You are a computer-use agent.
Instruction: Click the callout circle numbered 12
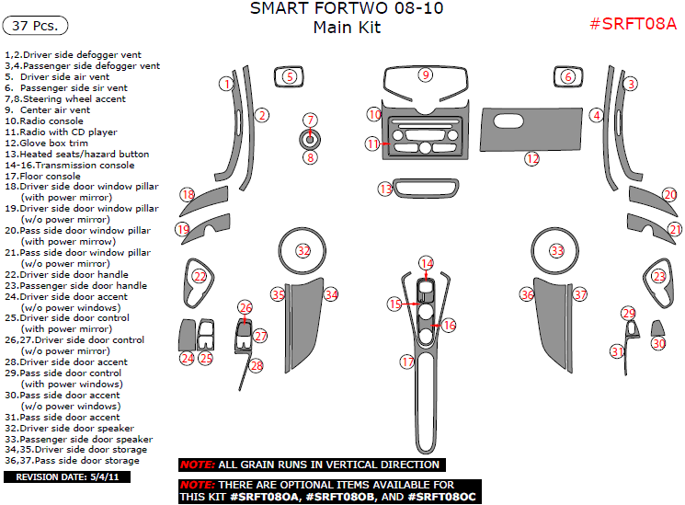tap(531, 159)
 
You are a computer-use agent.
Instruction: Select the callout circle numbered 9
tap(425, 74)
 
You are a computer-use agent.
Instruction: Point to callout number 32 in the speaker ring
tap(303, 250)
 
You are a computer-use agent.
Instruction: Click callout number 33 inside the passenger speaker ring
tap(556, 250)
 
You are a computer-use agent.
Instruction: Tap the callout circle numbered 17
tap(407, 362)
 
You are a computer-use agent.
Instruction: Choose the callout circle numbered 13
tap(386, 189)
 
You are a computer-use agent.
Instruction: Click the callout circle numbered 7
tap(311, 120)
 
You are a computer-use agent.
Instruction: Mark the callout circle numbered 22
tap(200, 275)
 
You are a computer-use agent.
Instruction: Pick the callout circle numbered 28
tap(257, 365)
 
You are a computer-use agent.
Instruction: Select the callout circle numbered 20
tap(669, 195)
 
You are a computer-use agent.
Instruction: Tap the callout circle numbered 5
tap(290, 76)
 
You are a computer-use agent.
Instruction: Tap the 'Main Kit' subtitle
tap(346, 28)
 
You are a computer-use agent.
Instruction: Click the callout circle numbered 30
tap(658, 343)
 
